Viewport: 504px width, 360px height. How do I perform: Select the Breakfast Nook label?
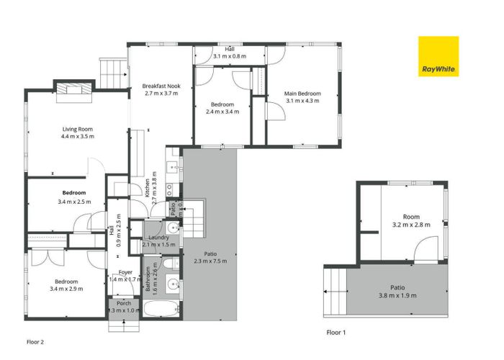(161, 90)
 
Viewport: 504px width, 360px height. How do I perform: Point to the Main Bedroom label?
(302, 97)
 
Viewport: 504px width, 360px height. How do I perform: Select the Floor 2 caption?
(35, 342)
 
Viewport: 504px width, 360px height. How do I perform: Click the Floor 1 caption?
(336, 333)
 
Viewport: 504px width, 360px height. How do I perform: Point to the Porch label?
(123, 307)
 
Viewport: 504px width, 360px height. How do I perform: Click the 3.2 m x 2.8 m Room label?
(411, 220)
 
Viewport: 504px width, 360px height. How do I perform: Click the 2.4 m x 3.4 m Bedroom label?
(220, 108)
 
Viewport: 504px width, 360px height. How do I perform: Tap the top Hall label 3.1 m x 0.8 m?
(230, 52)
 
